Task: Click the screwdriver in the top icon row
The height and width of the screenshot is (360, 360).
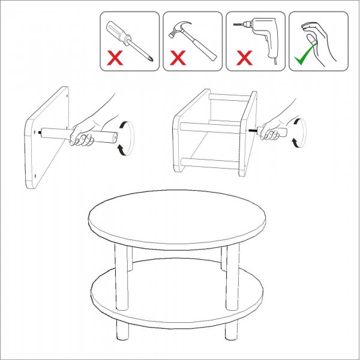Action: (x=130, y=39)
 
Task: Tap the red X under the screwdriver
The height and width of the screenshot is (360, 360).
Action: (x=115, y=58)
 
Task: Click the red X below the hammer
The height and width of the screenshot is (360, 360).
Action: (x=178, y=58)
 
